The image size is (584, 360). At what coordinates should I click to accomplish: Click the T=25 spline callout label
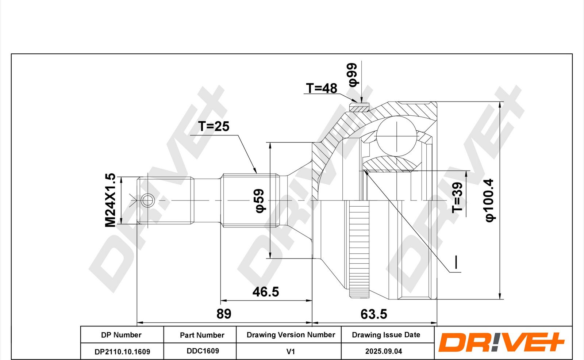214,127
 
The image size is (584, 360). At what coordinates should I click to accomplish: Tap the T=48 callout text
322,88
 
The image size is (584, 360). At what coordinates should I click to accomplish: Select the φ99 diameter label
353,75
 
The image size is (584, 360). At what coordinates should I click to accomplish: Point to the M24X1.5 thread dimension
110,200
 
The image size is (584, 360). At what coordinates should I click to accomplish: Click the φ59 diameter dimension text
260,201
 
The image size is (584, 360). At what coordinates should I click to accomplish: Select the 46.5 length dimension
266,292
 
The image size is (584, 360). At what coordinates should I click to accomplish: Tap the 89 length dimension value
224,314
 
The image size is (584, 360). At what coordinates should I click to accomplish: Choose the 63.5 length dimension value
374,314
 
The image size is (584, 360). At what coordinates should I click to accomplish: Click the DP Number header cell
121,335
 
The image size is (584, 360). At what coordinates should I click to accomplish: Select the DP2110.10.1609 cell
122,352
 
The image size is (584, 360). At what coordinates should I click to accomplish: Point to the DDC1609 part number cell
203,351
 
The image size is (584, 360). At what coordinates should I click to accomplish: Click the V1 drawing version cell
291,352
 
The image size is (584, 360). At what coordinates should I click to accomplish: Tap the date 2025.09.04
384,351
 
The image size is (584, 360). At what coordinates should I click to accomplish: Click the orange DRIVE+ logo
502,342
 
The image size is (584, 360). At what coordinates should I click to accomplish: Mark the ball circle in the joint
396,136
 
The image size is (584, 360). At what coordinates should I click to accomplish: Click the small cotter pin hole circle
147,200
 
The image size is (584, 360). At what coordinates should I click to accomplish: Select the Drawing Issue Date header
386,335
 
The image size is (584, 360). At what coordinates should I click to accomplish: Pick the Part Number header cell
202,335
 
